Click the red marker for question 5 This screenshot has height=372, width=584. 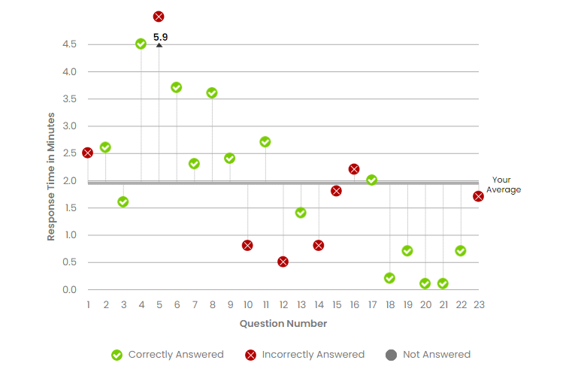click(x=159, y=17)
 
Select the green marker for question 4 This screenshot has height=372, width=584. click(x=141, y=44)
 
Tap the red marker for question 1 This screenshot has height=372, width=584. click(x=87, y=153)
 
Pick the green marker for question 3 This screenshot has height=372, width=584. click(x=123, y=201)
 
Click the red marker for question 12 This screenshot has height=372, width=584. click(x=283, y=262)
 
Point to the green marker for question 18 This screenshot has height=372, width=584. click(x=389, y=278)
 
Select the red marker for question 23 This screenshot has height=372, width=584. click(x=479, y=196)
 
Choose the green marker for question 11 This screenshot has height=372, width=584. click(x=265, y=142)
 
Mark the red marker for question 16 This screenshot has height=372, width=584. click(x=354, y=169)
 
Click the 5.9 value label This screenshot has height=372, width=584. click(x=160, y=36)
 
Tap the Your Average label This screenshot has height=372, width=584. click(x=503, y=185)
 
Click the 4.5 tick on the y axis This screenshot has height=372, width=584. click(x=69, y=44)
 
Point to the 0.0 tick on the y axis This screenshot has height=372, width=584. click(x=69, y=290)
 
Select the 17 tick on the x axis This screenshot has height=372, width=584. click(x=372, y=304)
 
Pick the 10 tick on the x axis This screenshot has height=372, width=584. click(x=247, y=304)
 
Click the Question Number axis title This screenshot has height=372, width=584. click(x=283, y=324)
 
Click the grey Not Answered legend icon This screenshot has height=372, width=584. click(x=391, y=355)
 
